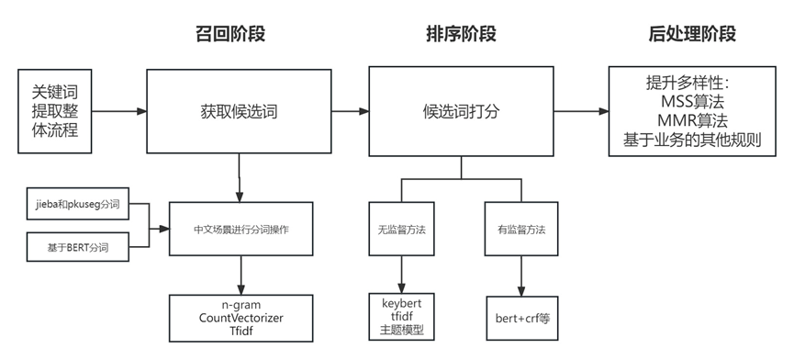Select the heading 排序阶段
tap(462, 35)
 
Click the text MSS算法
tap(690, 101)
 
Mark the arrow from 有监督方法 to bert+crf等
tap(520, 274)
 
